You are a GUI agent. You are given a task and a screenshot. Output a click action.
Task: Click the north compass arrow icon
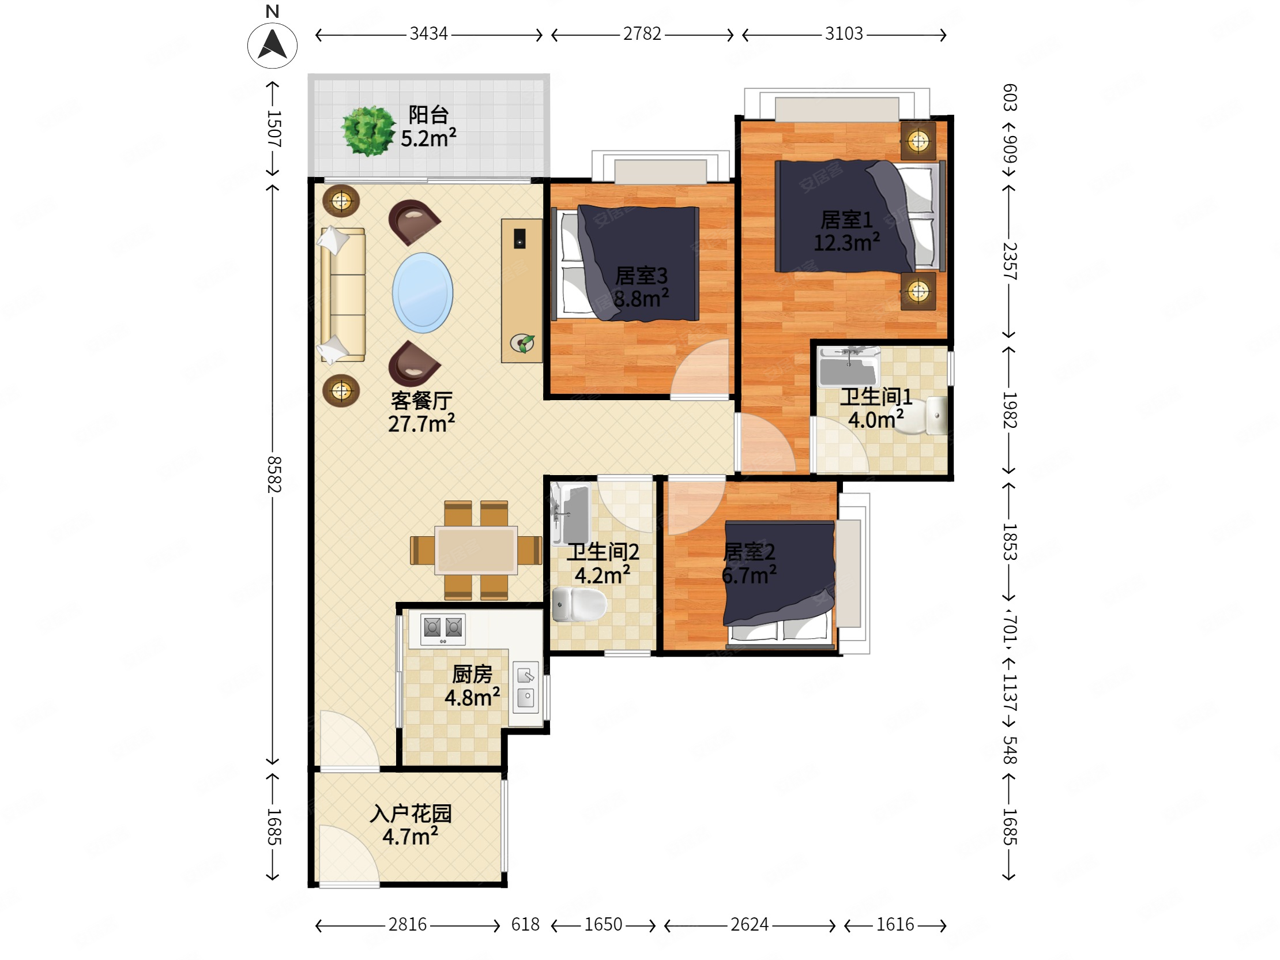tap(272, 45)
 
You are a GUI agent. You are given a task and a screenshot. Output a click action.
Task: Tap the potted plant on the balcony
tap(367, 130)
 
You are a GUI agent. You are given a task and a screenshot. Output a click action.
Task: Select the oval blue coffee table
tap(423, 293)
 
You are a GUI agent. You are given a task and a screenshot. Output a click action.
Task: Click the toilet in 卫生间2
tap(579, 604)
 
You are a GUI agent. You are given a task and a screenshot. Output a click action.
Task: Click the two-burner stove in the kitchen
tap(443, 628)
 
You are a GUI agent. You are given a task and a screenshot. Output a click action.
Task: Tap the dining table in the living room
tap(476, 549)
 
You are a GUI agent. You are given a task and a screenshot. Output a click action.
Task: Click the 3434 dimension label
tap(428, 34)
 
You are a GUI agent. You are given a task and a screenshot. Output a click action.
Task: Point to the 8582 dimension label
tap(274, 475)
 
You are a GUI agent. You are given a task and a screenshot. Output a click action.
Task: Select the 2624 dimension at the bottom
tap(750, 925)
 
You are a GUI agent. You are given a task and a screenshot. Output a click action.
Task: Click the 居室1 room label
tap(846, 220)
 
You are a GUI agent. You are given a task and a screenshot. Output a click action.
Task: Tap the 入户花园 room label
tap(411, 814)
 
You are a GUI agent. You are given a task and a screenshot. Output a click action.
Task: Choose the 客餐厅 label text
tap(421, 401)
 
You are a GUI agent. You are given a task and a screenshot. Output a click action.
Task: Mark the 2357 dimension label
tap(1010, 262)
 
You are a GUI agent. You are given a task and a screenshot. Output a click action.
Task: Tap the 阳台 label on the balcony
tap(428, 115)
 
